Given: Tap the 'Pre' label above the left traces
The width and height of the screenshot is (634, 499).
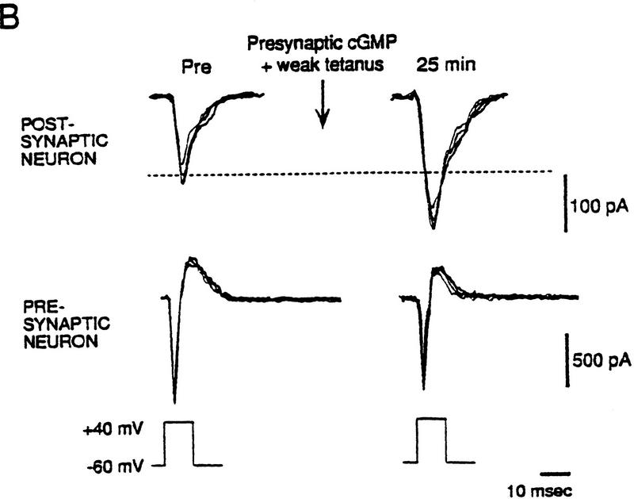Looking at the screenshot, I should (195, 67).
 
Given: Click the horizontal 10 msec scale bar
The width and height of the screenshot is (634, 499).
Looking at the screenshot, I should (538, 466).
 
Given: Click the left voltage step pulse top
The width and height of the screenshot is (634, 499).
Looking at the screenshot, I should (178, 422).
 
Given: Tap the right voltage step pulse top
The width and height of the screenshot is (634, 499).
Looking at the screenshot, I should (431, 417).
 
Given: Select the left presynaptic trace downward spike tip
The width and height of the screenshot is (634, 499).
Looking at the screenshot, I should (174, 401).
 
